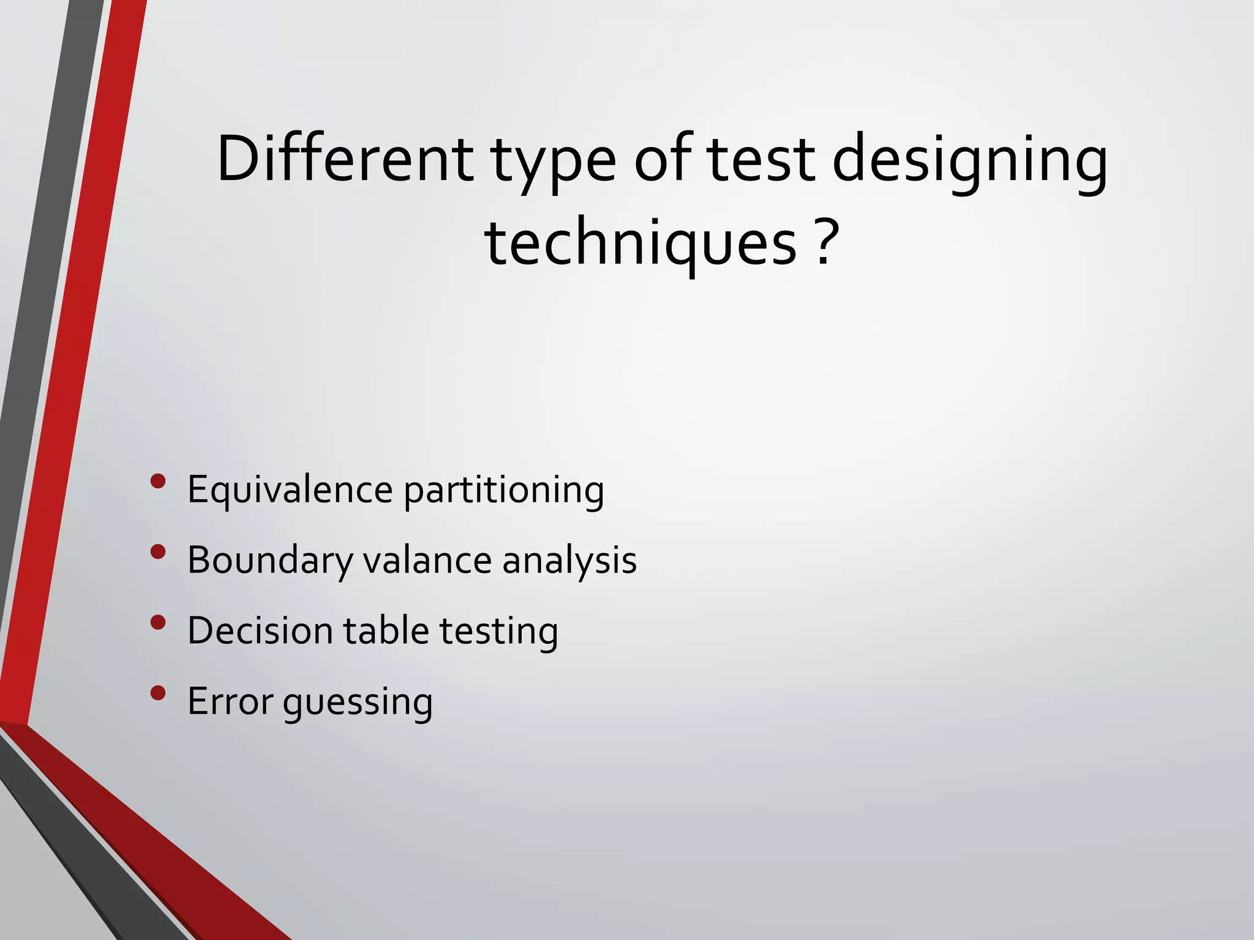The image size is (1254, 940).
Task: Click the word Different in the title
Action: (345, 159)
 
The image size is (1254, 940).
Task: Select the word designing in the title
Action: (970, 162)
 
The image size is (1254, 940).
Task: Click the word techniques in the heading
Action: (640, 245)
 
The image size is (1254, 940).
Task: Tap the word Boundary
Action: (270, 561)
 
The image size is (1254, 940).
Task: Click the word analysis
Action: (569, 561)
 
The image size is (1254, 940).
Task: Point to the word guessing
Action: (358, 703)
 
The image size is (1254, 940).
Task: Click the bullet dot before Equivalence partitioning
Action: (158, 481)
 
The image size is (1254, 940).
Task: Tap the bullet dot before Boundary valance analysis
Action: (158, 552)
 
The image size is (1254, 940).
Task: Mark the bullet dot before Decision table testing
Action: (158, 622)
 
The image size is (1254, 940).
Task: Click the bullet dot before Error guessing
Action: (158, 693)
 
